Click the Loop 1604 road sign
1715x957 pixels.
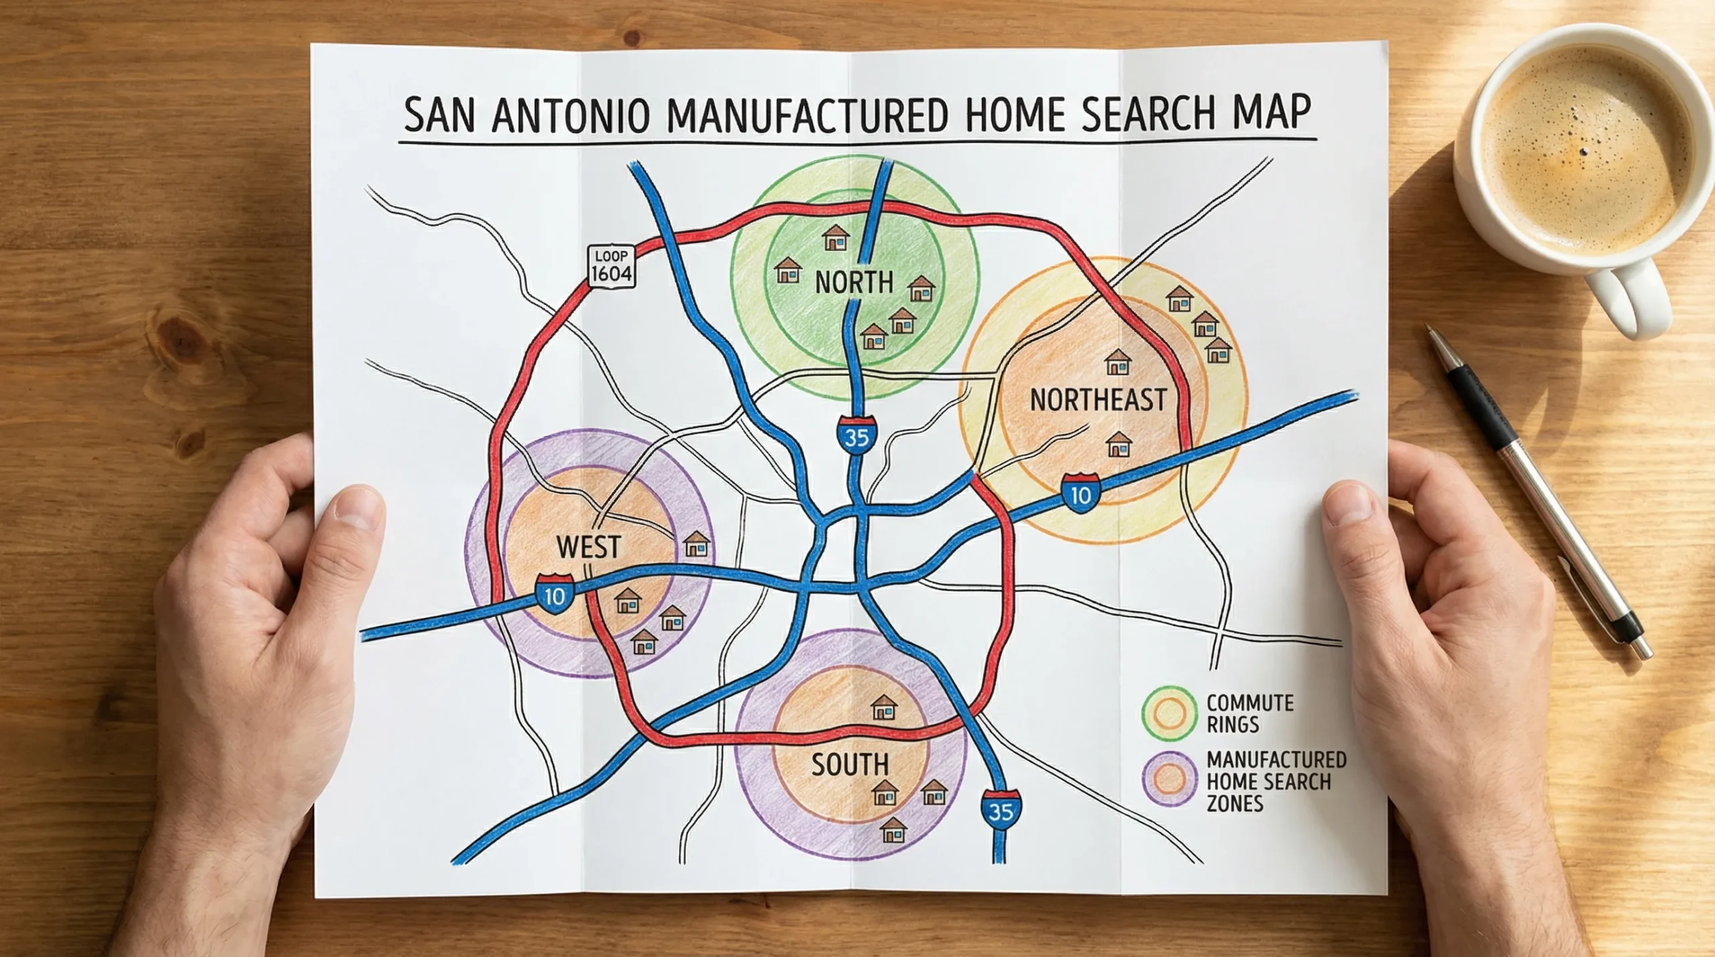pos(611,267)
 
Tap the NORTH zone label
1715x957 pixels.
pos(854,282)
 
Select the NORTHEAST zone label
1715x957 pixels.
pos(1097,400)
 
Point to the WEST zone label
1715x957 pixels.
pos(589,547)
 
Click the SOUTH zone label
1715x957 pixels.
pos(849,764)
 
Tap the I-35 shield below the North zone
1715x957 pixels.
pos(856,436)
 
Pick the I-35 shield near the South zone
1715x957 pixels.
pos(1001,810)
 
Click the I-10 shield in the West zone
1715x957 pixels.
pos(555,594)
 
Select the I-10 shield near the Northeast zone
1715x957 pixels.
pos(1081,494)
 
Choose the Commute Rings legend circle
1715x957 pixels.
pos(1170,713)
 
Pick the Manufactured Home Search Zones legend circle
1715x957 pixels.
pos(1170,779)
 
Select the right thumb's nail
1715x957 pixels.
pos(1347,503)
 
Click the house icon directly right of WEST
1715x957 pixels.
pos(697,544)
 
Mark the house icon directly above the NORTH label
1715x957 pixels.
pos(835,238)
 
